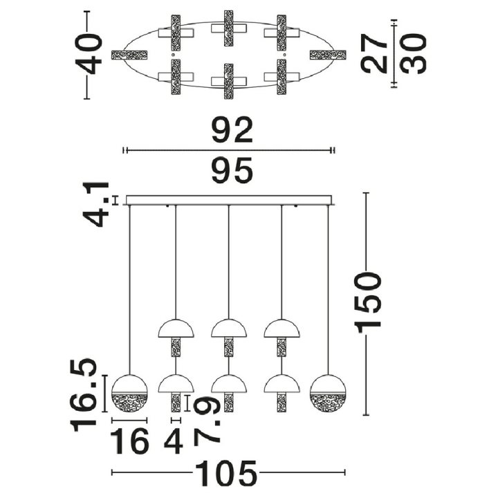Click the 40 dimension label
(89, 55)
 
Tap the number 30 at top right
(412, 53)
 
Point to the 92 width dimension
(232, 130)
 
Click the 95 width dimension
(232, 170)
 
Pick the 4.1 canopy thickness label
(96, 205)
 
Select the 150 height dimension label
(369, 302)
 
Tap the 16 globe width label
(129, 441)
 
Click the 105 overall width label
(226, 472)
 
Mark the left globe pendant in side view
(130, 394)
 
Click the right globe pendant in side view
(328, 394)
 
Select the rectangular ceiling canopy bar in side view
(229, 200)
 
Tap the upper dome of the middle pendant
(229, 328)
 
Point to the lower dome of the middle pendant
(229, 384)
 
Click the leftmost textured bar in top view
(130, 55)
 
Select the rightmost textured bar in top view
(328, 55)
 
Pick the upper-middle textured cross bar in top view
(229, 28)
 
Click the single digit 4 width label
(174, 441)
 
